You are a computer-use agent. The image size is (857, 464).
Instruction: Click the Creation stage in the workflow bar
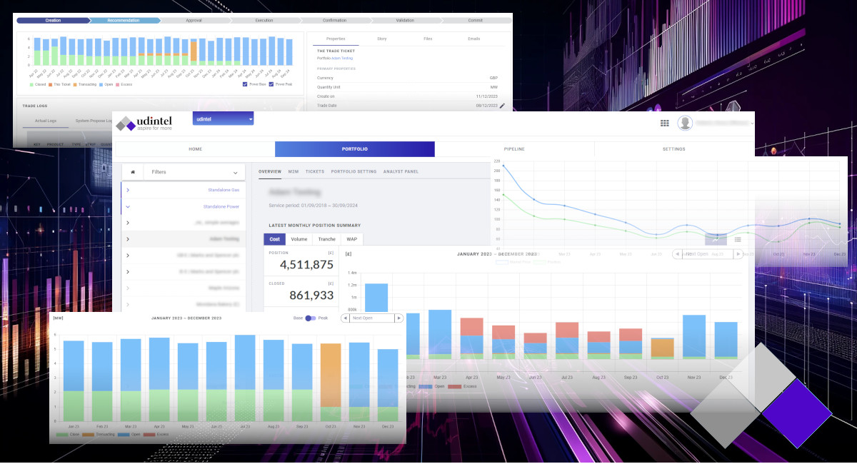click(x=53, y=21)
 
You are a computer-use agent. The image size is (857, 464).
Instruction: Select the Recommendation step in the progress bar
click(x=124, y=21)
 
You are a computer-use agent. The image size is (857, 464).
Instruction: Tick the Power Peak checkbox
click(x=271, y=84)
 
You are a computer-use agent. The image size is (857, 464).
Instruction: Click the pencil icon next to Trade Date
click(x=502, y=106)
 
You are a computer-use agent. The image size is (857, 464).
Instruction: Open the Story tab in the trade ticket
click(x=381, y=39)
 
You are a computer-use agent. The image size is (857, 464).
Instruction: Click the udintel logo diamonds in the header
click(x=126, y=124)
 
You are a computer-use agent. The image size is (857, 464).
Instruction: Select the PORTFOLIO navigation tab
click(x=354, y=149)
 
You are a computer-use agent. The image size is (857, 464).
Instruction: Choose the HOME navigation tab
click(x=195, y=149)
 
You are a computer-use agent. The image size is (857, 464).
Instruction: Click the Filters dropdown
click(x=194, y=172)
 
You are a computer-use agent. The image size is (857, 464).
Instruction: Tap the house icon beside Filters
click(x=132, y=172)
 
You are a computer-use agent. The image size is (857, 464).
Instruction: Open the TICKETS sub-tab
click(x=315, y=171)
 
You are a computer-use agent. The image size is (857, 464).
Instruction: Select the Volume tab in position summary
click(x=299, y=239)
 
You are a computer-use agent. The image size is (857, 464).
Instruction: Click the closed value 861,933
click(x=311, y=295)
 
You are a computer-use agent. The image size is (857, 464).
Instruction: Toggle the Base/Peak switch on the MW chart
click(x=310, y=318)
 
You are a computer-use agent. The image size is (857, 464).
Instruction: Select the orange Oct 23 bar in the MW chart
click(x=330, y=375)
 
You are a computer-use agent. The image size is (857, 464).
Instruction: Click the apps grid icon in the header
click(x=664, y=123)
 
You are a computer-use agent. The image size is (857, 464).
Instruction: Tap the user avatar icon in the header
click(x=685, y=123)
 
